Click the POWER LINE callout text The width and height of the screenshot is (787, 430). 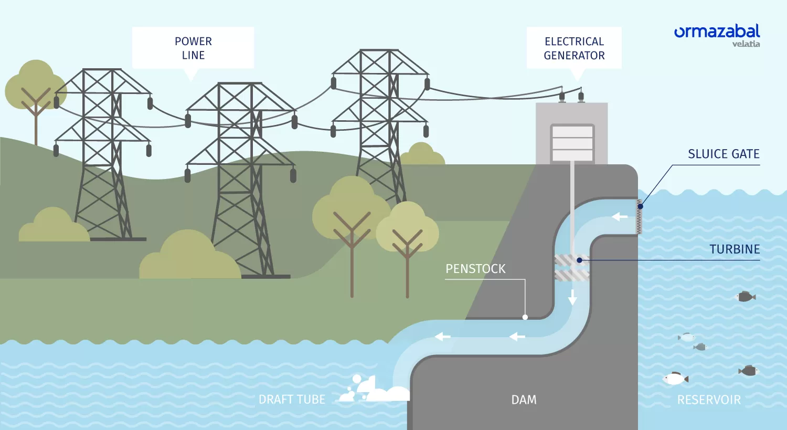point(193,48)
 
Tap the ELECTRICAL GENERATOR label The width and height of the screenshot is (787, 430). point(574,48)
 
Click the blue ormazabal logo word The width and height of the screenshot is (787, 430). point(717,32)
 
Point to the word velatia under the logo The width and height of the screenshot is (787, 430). point(746,44)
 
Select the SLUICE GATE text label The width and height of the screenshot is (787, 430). point(724,154)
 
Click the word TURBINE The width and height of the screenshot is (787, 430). point(735,249)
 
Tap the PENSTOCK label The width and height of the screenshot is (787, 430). point(475,269)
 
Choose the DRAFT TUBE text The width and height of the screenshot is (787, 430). point(292,400)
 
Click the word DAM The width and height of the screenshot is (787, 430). point(524,400)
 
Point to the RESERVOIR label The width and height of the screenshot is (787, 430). point(709,400)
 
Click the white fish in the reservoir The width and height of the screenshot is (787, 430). point(675,379)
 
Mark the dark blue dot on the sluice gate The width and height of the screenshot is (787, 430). point(640,206)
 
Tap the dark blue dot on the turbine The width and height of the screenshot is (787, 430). point(579,260)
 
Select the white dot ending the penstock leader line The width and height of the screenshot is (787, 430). point(525,317)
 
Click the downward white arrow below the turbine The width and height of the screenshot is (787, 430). point(572,297)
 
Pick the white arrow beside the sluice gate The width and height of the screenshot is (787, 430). point(620,217)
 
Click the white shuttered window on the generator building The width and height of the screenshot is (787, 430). point(572,143)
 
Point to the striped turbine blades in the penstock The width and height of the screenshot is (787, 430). point(572,268)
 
